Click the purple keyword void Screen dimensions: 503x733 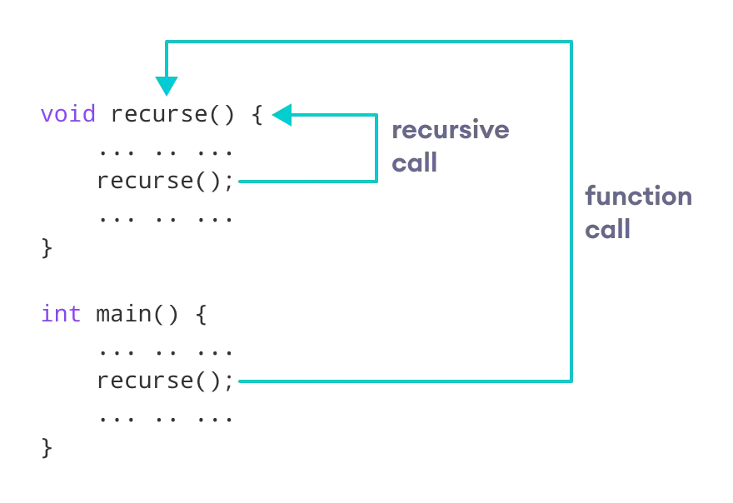[68, 115]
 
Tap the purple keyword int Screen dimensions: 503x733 [60, 315]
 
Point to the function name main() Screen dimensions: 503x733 [136, 315]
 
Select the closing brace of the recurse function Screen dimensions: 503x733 [47, 247]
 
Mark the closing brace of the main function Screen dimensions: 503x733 [47, 446]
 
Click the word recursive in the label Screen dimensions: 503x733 [451, 130]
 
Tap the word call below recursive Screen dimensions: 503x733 [415, 162]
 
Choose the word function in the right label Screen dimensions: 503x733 [636, 196]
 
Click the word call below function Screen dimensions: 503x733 [606, 228]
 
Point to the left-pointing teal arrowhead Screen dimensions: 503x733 [282, 115]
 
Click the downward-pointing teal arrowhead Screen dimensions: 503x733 [166, 87]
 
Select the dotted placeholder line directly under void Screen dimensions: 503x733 [166, 153]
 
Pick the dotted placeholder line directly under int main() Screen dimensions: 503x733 [166, 353]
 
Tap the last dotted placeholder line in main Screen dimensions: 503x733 [166, 420]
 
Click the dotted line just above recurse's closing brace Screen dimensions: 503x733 [166, 220]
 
